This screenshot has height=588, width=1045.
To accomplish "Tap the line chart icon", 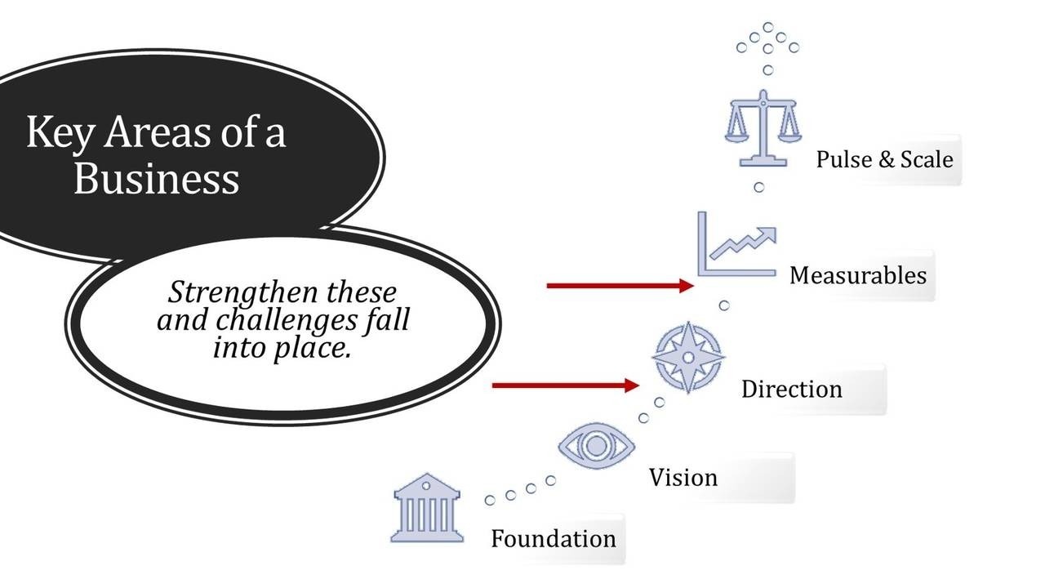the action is point(737,244).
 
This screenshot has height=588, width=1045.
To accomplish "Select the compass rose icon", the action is point(688,358).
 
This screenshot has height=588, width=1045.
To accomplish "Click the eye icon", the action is point(596,446).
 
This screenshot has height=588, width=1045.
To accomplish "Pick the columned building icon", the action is point(427,508).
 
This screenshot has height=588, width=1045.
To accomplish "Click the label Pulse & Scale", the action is point(884,159).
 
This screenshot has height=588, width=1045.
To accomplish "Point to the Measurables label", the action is point(858,275).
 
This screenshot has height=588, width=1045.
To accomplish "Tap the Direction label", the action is point(792,390).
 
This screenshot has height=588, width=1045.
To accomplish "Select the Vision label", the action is point(683,478).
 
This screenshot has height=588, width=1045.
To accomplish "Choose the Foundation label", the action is point(554,539).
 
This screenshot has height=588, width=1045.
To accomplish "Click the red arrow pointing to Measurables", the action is point(620,286).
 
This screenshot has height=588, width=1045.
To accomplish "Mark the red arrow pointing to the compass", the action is point(566,385).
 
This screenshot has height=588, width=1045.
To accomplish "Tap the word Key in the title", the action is point(60,134).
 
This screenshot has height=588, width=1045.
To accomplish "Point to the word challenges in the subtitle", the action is point(287,321).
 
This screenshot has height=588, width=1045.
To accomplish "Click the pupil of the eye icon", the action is point(596,446).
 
